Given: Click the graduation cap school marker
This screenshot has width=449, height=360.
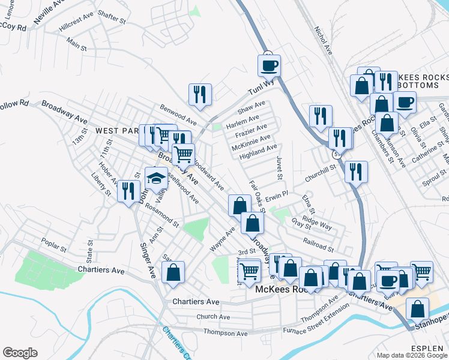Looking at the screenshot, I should pyautogui.click(x=156, y=178).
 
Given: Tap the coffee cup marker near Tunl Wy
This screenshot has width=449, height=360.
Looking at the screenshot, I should pyautogui.click(x=268, y=65).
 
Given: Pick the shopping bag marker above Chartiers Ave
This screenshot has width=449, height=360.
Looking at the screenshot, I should pyautogui.click(x=173, y=273).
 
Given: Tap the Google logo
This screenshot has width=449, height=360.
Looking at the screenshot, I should pyautogui.click(x=20, y=353).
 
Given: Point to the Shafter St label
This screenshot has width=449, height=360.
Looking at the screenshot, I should pyautogui.click(x=111, y=20).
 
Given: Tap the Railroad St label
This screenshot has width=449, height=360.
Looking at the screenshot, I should pyautogui.click(x=318, y=247).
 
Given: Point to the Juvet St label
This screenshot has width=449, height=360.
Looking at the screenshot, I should pyautogui.click(x=279, y=167).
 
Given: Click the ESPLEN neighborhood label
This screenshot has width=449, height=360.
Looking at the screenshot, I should pyautogui.click(x=427, y=348).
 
